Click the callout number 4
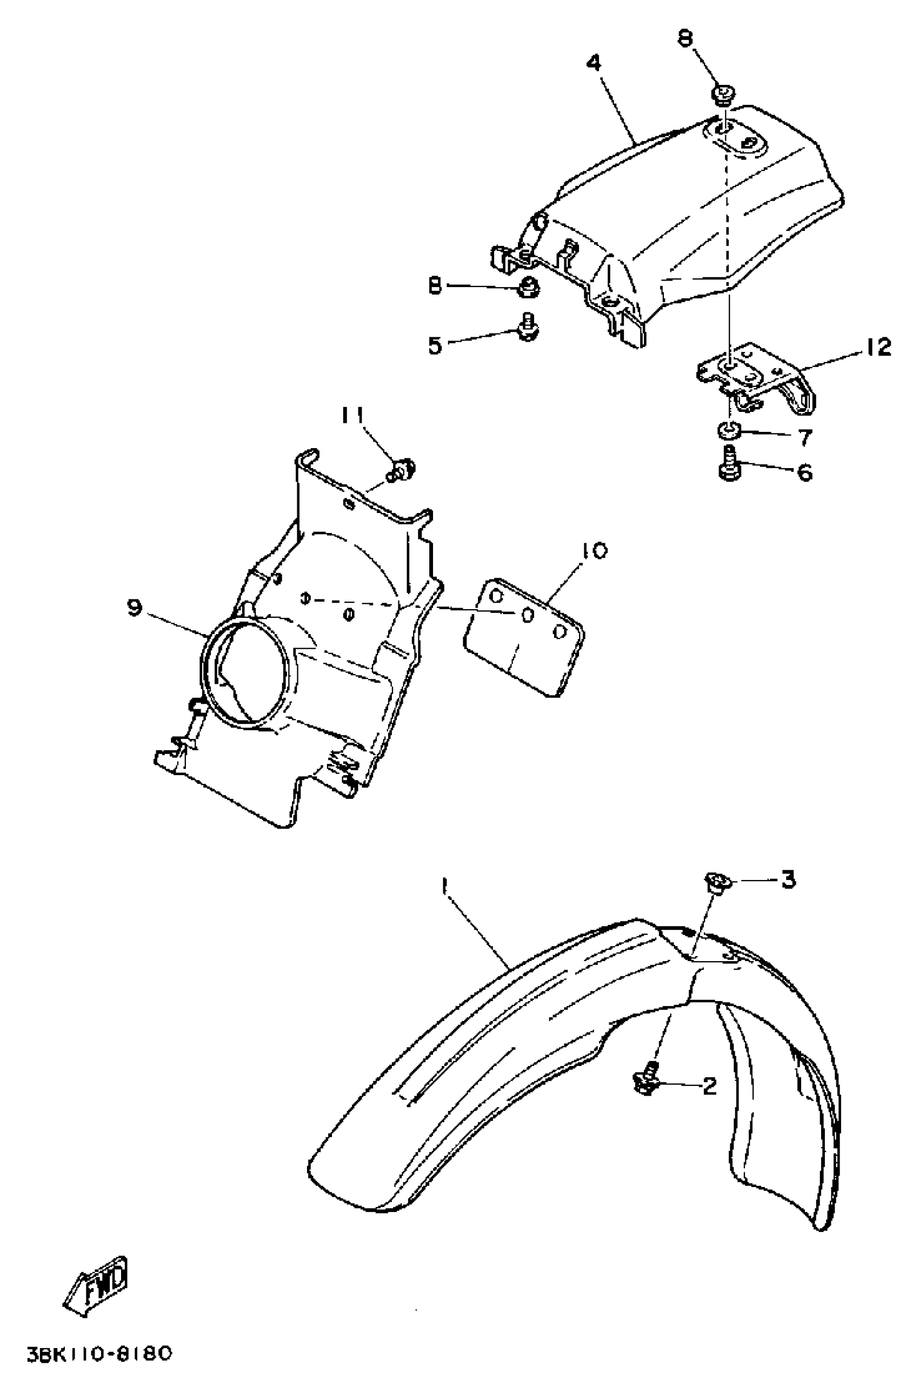point(594,62)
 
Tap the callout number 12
point(877,348)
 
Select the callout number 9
point(134,608)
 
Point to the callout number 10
point(595,551)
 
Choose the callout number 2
point(709,1087)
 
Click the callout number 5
point(434,346)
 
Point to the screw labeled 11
point(404,469)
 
